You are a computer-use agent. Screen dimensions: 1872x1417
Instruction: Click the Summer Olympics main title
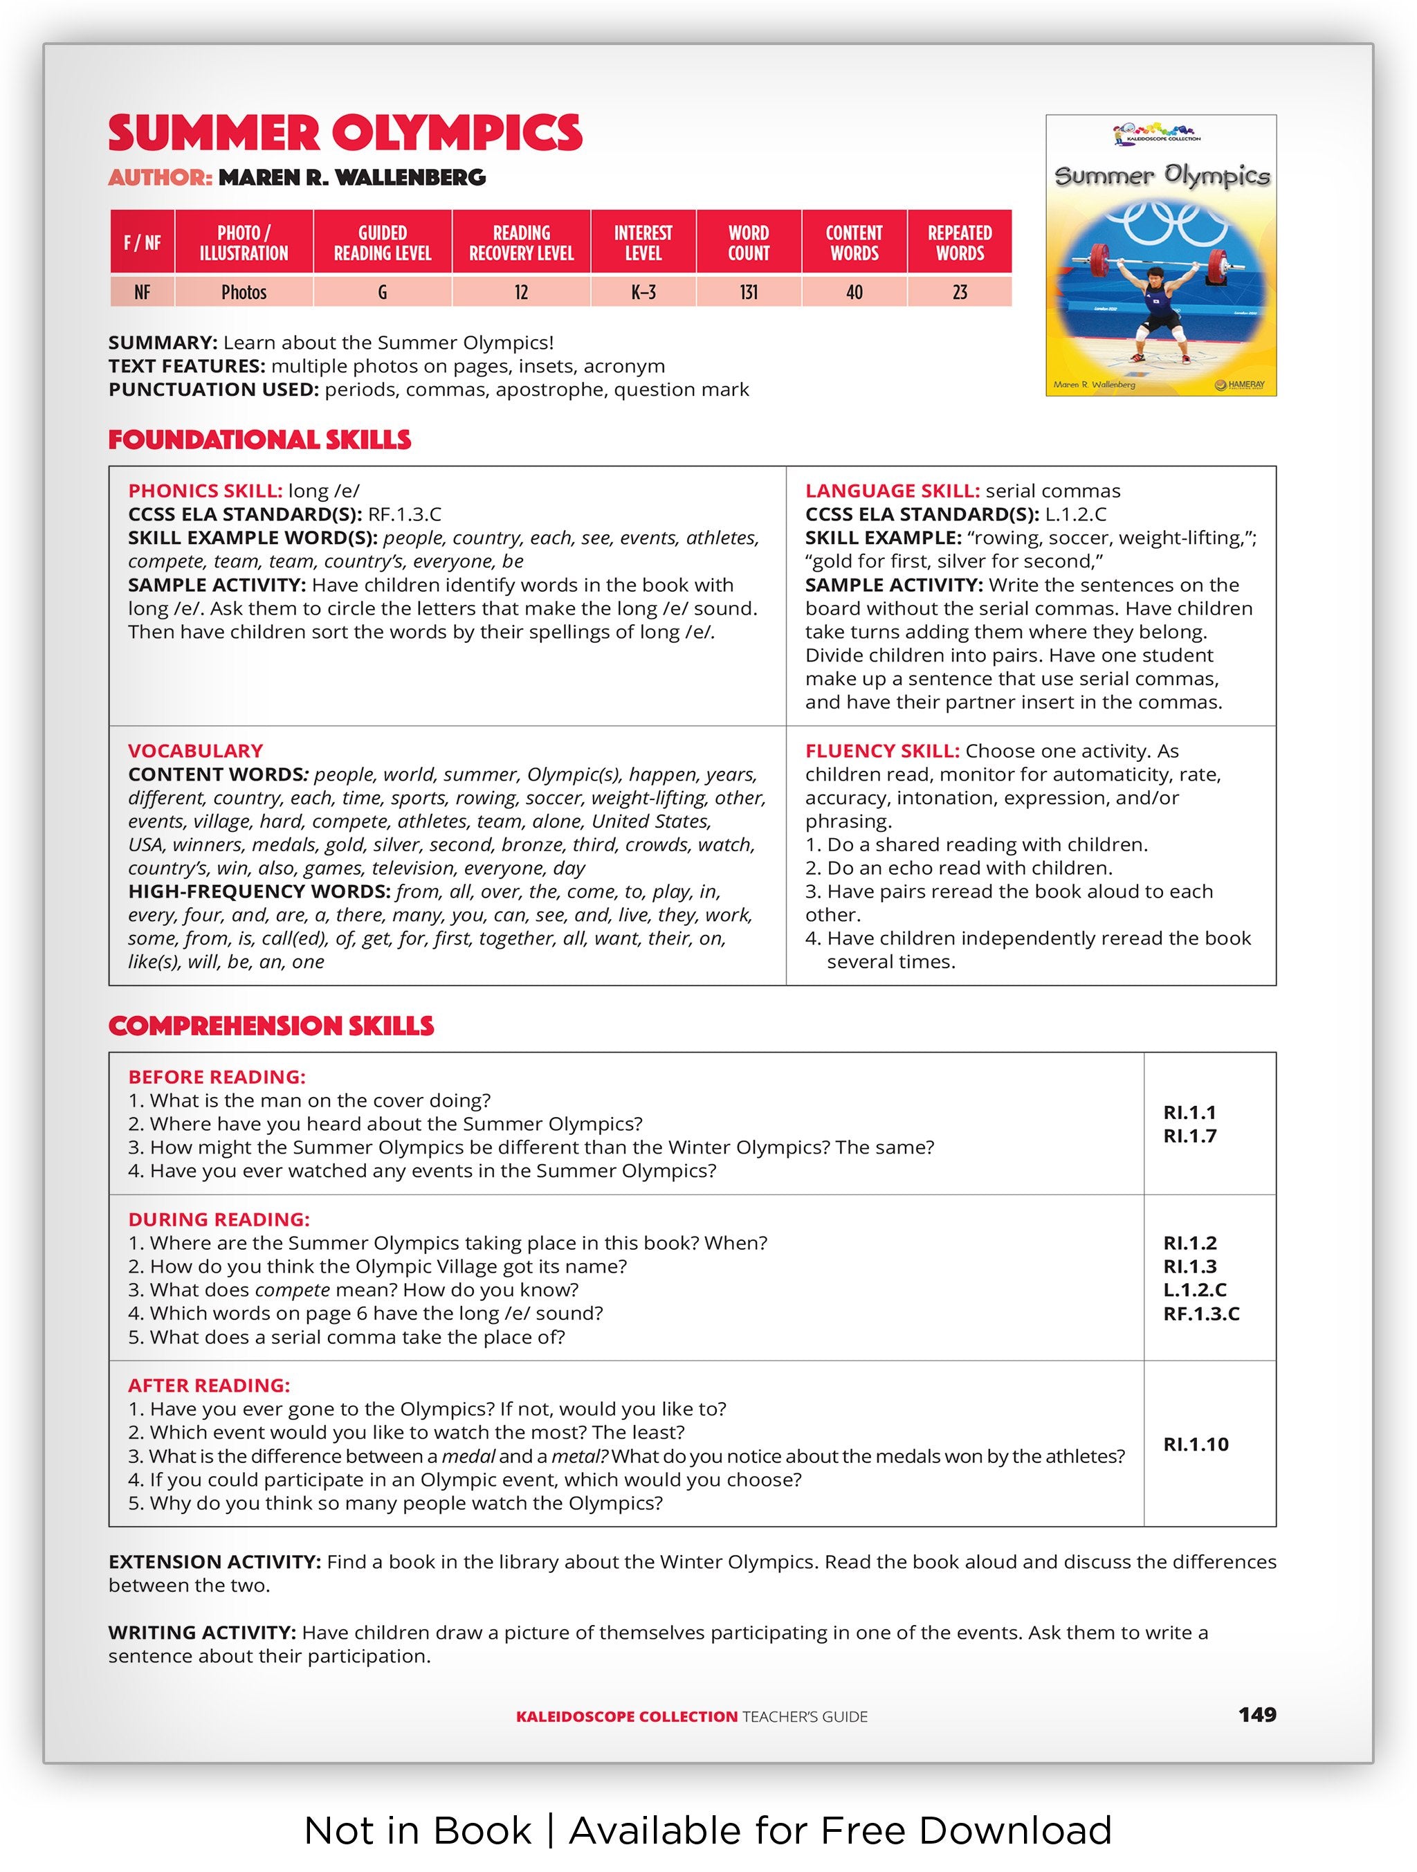pyautogui.click(x=345, y=134)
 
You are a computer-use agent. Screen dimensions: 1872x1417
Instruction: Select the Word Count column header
pyautogui.click(x=749, y=243)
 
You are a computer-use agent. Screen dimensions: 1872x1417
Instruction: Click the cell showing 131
pyautogui.click(x=749, y=293)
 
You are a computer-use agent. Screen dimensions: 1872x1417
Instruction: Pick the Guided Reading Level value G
pyautogui.click(x=383, y=293)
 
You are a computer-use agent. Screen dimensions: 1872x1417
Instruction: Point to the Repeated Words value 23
pyautogui.click(x=960, y=293)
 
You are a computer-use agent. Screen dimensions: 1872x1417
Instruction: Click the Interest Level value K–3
pyautogui.click(x=643, y=293)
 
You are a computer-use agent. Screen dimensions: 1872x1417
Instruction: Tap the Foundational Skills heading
pyautogui.click(x=259, y=440)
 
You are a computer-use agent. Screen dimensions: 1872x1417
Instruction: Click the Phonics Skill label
pyautogui.click(x=205, y=491)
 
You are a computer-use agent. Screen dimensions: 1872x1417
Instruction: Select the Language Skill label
pyautogui.click(x=893, y=491)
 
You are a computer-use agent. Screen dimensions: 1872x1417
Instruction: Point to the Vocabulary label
pyautogui.click(x=195, y=751)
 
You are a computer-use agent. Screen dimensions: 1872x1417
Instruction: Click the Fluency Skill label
pyautogui.click(x=882, y=751)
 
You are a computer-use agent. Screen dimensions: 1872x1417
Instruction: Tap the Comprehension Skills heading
pyautogui.click(x=271, y=1026)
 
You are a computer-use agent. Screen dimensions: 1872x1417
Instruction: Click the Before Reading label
pyautogui.click(x=217, y=1078)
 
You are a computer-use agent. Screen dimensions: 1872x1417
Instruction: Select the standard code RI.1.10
pyautogui.click(x=1196, y=1444)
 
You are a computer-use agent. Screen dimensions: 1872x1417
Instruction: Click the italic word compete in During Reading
pyautogui.click(x=292, y=1290)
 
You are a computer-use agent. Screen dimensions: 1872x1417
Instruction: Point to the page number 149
pyautogui.click(x=1257, y=1715)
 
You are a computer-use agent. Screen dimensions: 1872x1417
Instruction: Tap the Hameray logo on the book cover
pyautogui.click(x=1240, y=385)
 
